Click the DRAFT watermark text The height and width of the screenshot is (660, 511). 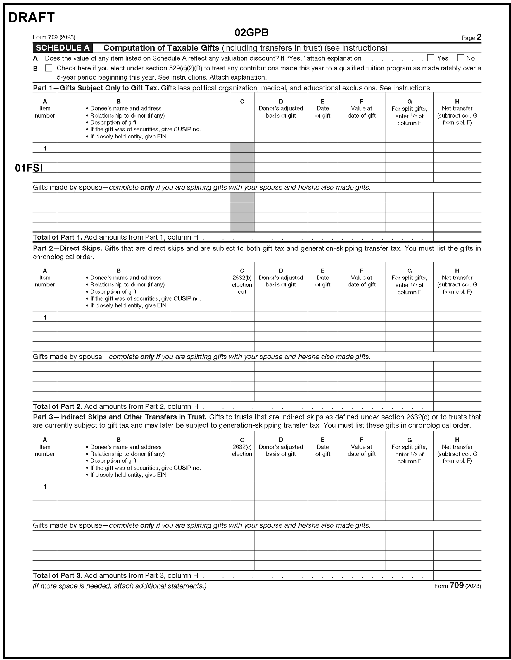point(31,18)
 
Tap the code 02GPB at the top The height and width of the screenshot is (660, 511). point(251,33)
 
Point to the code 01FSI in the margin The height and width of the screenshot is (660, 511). point(29,168)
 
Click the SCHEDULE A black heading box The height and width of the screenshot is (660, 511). point(63,48)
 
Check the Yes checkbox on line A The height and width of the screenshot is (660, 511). point(431,58)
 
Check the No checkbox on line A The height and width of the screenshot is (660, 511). point(460,58)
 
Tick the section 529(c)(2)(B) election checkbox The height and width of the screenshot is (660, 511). point(48,68)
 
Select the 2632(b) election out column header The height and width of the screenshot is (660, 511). point(242,281)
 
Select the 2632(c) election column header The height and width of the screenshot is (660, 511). point(242,447)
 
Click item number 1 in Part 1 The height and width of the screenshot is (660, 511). point(45,148)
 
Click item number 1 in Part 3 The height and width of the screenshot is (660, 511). point(45,486)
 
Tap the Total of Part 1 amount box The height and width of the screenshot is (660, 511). point(457,237)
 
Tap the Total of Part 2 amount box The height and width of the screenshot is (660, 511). point(457,406)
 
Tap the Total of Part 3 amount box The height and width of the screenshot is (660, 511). point(457,575)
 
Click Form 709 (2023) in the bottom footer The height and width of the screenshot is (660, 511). point(457,586)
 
